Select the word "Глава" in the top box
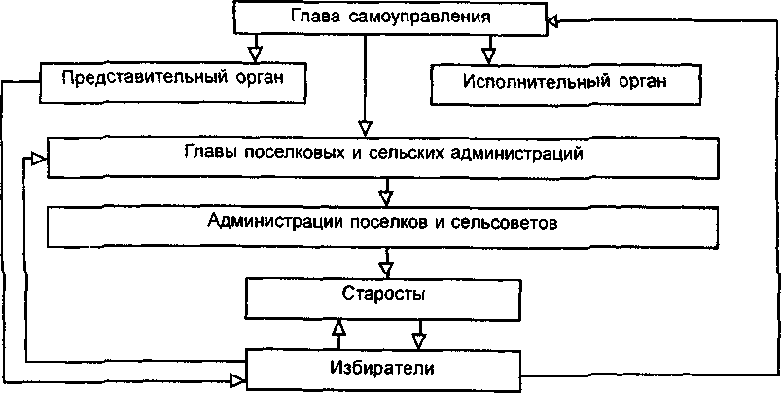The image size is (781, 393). point(312,18)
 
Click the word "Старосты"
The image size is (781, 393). point(383,292)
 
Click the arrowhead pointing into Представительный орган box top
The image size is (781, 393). point(255,48)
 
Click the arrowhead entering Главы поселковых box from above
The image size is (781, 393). point(365,128)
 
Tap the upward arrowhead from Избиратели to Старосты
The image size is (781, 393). point(337,329)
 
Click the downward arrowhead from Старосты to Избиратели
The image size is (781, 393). point(419,339)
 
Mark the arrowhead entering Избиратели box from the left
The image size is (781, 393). point(236,377)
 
